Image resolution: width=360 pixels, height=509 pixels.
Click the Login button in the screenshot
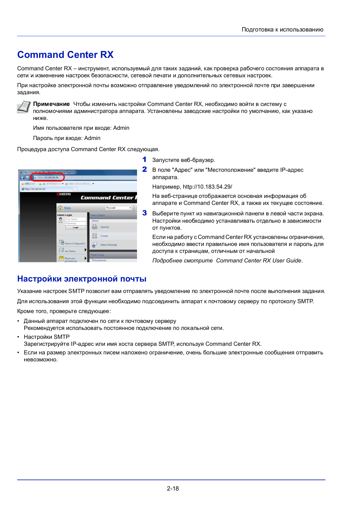[x=76, y=227]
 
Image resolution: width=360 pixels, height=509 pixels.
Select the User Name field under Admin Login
[x=75, y=219]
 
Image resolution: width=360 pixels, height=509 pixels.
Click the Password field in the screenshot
[x=75, y=223]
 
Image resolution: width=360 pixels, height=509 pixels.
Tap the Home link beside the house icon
[x=67, y=208]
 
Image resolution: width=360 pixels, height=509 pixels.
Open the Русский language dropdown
[x=119, y=208]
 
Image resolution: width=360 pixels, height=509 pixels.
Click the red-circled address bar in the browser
[x=48, y=178]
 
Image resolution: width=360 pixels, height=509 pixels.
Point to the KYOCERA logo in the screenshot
[x=64, y=194]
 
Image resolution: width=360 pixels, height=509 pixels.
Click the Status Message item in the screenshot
[x=108, y=245]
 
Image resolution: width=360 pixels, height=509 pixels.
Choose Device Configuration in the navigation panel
[x=75, y=243]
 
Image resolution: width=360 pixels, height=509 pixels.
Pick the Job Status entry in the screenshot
[x=70, y=251]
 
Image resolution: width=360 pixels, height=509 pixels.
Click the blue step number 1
[x=144, y=159]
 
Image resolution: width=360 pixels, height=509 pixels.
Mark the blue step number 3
[x=145, y=213]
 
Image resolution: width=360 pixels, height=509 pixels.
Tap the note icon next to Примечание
[x=24, y=107]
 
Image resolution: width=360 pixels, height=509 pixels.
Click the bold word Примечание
[x=51, y=104]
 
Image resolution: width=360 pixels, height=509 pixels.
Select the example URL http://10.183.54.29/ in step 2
[x=207, y=187]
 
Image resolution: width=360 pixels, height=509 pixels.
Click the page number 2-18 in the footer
[x=173, y=488]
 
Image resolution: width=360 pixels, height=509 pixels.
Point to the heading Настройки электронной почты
[x=82, y=279]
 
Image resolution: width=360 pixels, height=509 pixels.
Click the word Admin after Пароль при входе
[x=92, y=138]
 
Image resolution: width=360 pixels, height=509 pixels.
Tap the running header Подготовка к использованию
[x=282, y=30]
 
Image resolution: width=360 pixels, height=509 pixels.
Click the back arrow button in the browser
[x=22, y=178]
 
